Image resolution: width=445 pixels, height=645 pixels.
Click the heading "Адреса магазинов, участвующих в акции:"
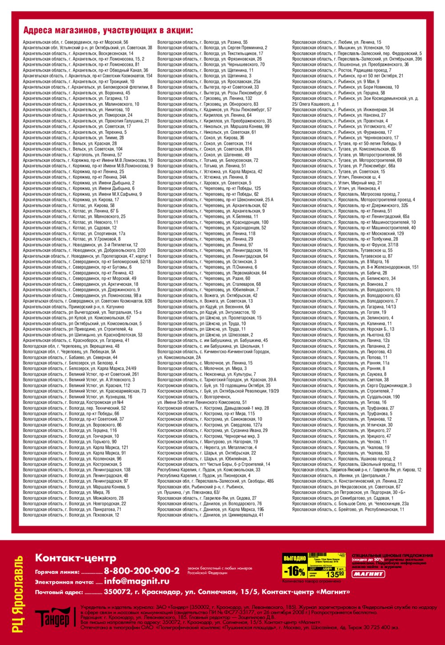pos(108,31)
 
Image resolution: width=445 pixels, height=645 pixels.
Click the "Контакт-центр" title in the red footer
pos(76,558)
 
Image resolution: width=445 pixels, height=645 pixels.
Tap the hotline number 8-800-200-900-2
pos(142,571)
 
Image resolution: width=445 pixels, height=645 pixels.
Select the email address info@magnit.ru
pos(137,581)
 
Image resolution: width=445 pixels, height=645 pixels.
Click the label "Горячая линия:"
pos(57,572)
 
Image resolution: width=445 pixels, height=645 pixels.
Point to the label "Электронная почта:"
pos(64,582)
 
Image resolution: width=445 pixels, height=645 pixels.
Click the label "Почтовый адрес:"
pos(59,593)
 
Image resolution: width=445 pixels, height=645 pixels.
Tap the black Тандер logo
pos(53,617)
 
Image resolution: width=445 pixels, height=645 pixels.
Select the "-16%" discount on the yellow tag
pos(294,570)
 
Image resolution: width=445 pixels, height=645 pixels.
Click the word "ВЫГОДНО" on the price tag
pos(295,558)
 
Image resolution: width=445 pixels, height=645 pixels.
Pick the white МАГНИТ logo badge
pos(368,574)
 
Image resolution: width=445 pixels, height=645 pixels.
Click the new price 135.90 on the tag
pos(336,574)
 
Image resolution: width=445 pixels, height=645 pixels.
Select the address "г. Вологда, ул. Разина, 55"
pos(202,42)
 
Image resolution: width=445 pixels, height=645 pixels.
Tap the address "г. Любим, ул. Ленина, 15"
pos(336,42)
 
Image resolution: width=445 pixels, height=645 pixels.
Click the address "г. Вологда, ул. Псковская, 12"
pos(71,515)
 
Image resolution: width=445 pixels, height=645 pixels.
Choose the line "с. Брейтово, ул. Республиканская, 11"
pos(348,509)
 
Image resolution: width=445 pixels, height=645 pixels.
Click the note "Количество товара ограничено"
pos(311,581)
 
